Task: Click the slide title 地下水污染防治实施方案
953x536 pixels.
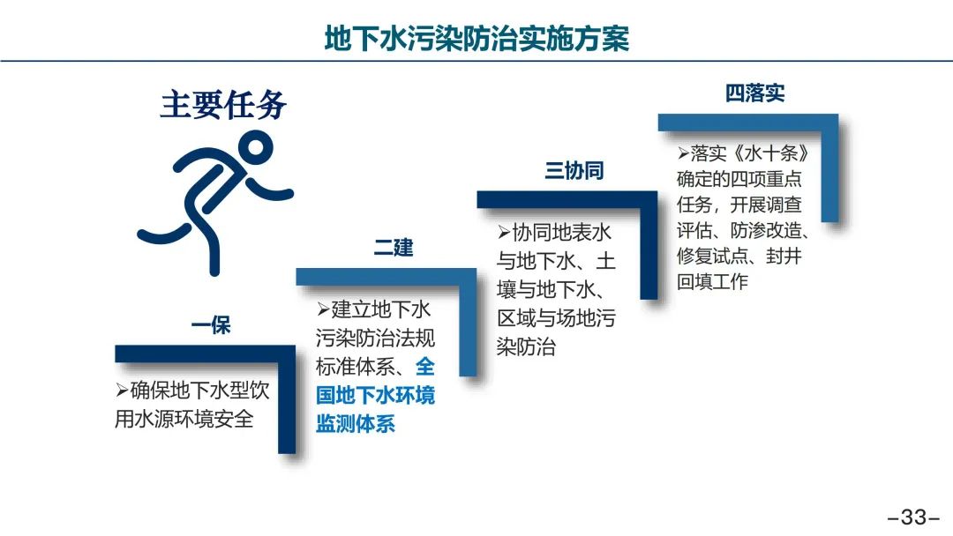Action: tap(476, 38)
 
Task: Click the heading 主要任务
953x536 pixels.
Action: tap(223, 104)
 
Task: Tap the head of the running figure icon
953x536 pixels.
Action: tap(255, 147)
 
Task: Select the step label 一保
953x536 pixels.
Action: tap(211, 325)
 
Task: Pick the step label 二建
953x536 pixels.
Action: tap(394, 248)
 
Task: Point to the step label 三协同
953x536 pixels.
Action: tap(574, 170)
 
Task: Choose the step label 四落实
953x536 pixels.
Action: tap(754, 93)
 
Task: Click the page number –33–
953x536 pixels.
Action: tap(913, 517)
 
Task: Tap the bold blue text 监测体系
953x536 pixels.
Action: tap(356, 423)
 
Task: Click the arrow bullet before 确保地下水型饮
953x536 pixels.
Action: tap(122, 390)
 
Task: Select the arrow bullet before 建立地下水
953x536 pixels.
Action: tap(323, 309)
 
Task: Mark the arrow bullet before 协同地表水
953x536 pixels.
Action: tap(504, 232)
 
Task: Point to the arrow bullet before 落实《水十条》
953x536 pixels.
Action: tap(683, 153)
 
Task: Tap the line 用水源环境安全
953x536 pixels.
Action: tap(184, 419)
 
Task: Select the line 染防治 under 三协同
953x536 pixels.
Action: tap(526, 346)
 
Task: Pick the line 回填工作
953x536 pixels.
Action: tap(712, 281)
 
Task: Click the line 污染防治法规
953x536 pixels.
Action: tap(375, 338)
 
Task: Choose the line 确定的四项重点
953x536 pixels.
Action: tap(739, 179)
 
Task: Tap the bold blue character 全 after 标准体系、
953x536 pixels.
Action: tap(424, 366)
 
